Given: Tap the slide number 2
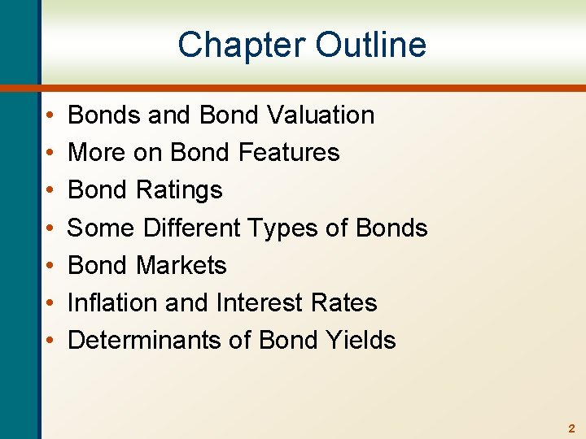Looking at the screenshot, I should (571, 428).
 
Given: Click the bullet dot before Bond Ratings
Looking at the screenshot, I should (50, 191).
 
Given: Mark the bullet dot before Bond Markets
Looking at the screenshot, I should (50, 266).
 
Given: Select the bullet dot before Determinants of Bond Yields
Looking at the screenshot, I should (50, 341).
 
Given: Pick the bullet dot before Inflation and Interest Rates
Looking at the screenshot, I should (50, 303).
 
